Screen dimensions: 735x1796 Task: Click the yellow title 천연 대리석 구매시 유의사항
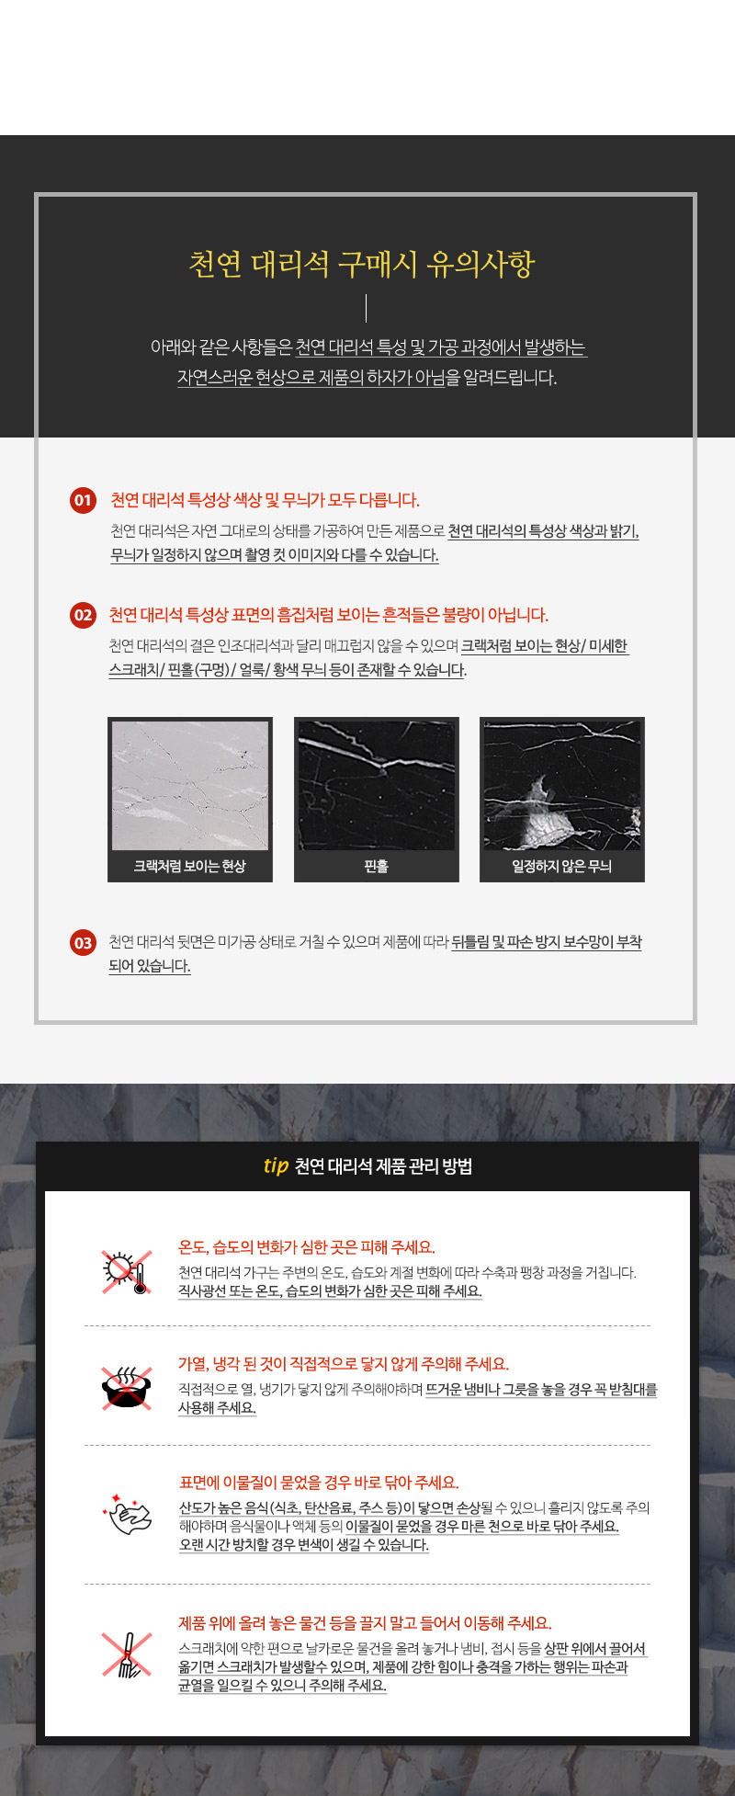click(x=361, y=264)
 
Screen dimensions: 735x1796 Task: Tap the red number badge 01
click(x=83, y=500)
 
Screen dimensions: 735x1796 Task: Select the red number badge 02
click(x=83, y=615)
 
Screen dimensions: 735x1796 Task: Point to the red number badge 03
click(x=83, y=942)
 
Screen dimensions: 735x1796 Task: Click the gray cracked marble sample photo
click(x=190, y=786)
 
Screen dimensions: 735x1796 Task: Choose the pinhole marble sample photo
click(x=377, y=786)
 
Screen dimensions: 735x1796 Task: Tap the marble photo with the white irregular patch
click(x=562, y=786)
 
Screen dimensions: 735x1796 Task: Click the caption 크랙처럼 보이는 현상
click(x=190, y=866)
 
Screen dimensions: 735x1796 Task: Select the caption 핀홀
click(x=377, y=866)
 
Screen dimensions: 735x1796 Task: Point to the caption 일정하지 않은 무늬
click(x=562, y=866)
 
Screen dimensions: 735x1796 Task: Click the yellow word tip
click(x=276, y=1166)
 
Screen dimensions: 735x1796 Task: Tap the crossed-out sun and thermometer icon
click(x=127, y=1272)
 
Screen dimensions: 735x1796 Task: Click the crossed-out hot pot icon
click(x=127, y=1388)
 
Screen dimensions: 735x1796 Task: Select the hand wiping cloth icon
click(x=128, y=1513)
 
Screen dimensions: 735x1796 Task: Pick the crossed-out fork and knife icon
click(x=127, y=1654)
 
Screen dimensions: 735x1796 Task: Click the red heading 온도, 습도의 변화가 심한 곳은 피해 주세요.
click(x=307, y=1247)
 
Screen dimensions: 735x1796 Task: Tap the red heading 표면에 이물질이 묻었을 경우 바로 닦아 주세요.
click(x=319, y=1483)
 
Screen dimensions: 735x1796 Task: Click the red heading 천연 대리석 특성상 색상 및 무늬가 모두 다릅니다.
click(x=265, y=500)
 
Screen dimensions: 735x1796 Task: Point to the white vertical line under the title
click(x=366, y=308)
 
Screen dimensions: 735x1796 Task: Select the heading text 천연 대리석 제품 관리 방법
click(x=383, y=1166)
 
